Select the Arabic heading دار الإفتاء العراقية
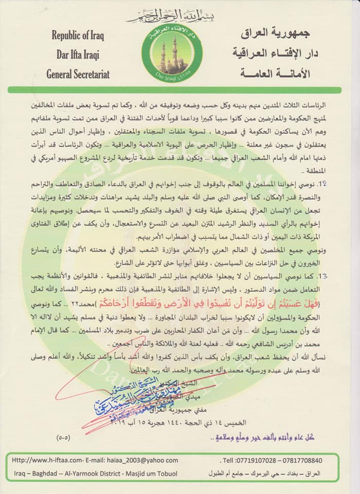[275, 54]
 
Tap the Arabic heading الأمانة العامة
[275, 74]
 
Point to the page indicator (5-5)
[65, 440]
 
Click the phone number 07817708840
[309, 460]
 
